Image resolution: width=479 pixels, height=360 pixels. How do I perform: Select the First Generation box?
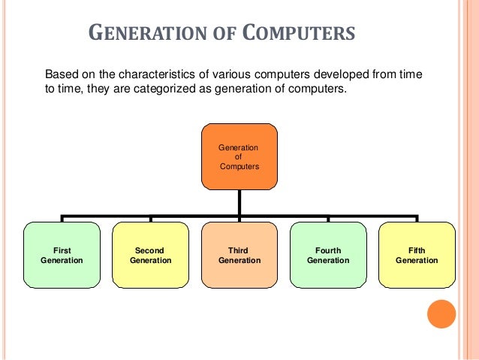pos(62,255)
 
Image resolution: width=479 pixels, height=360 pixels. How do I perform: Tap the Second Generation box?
pos(150,255)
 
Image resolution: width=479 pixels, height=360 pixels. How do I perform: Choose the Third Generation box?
pos(239,255)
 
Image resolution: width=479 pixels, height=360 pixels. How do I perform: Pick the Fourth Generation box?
pos(327,255)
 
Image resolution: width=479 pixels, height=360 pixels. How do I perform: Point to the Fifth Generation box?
pos(417,255)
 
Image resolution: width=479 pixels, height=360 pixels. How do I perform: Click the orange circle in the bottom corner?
pos(441,314)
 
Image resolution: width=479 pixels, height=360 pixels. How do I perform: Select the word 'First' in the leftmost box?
pos(62,250)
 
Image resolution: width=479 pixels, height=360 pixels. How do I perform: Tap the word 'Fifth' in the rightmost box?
pos(417,250)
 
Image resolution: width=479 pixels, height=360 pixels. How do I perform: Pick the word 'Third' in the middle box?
pos(239,250)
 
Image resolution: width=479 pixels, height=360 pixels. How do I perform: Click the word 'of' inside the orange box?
pos(239,156)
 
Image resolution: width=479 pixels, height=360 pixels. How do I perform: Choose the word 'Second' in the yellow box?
pos(150,250)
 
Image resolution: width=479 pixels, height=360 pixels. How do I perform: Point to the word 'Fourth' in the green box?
pos(327,250)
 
